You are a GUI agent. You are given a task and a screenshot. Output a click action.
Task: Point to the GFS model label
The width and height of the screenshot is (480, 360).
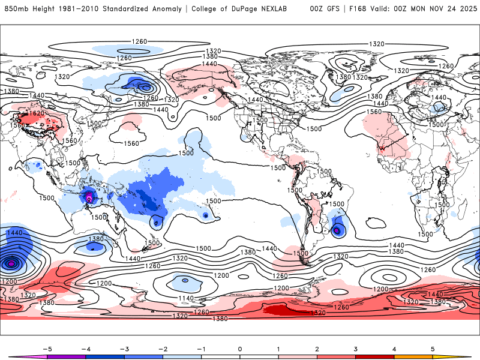pos(332,9)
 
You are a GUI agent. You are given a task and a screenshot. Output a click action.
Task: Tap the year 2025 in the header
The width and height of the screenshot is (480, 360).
pos(466,9)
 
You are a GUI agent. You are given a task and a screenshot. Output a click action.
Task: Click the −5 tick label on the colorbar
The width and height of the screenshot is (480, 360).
pos(44,348)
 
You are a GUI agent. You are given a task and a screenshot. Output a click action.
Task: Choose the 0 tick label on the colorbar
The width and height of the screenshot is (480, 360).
pos(239,348)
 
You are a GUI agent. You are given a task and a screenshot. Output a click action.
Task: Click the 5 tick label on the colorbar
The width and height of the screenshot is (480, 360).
pos(433,348)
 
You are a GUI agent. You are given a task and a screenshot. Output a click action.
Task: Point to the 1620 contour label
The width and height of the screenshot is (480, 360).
pos(37,113)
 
